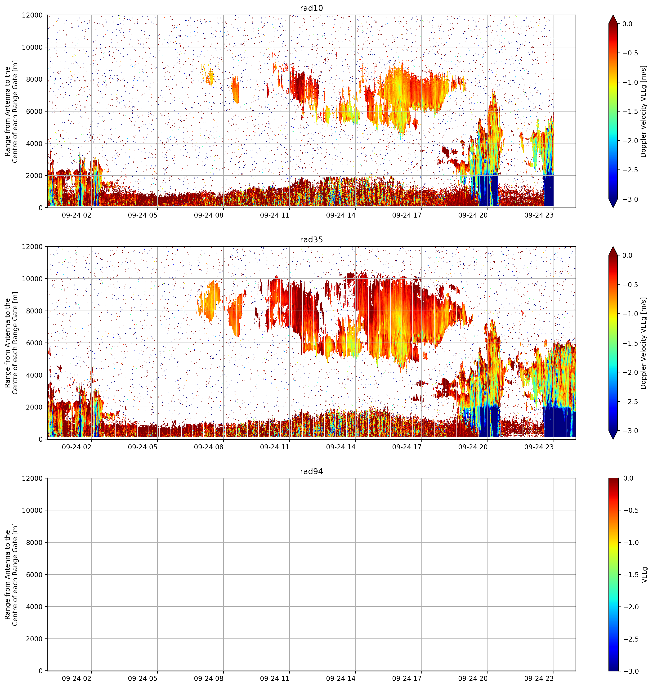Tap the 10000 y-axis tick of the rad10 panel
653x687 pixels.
coord(33,47)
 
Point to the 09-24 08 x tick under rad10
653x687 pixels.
coord(209,215)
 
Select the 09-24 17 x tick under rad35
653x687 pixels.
coord(407,446)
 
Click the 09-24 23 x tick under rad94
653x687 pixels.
coord(539,678)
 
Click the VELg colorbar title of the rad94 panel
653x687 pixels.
coord(644,575)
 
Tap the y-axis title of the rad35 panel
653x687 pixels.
coord(12,343)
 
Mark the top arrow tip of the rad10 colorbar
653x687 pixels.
coord(613,15)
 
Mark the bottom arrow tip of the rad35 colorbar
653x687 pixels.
coord(613,439)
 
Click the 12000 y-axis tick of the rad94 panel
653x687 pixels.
coord(33,478)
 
